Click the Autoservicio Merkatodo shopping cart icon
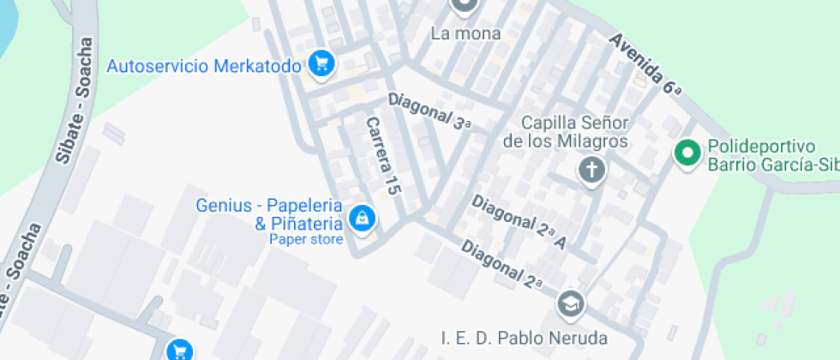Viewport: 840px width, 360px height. [x=321, y=63]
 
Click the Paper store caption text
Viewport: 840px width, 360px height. [x=306, y=239]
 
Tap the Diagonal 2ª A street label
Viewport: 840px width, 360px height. [x=519, y=219]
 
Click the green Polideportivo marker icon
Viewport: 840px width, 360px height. [x=686, y=154]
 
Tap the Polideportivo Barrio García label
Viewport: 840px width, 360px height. [x=771, y=155]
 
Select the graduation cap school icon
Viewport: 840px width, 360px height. [x=570, y=303]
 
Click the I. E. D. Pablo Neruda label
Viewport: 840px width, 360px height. [x=525, y=338]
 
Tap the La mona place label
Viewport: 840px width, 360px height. [x=465, y=34]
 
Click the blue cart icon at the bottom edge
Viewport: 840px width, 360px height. [x=180, y=350]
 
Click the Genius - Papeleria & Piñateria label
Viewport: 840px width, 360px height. [x=269, y=215]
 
